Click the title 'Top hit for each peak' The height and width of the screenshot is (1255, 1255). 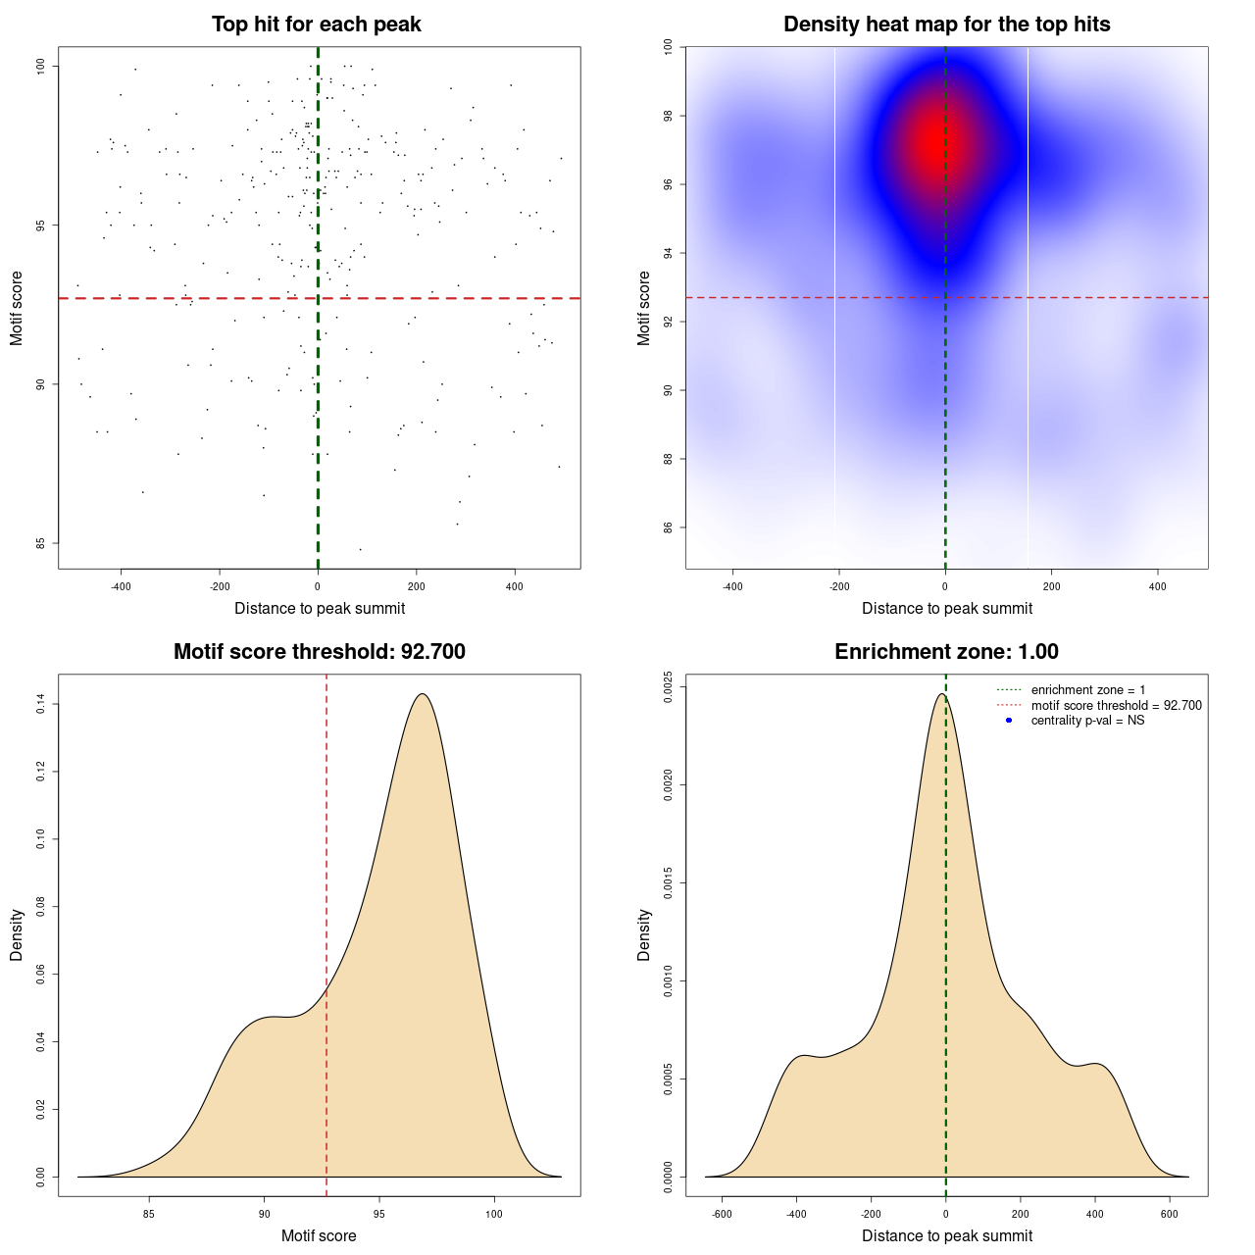click(317, 25)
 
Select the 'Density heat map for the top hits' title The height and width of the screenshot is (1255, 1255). click(946, 25)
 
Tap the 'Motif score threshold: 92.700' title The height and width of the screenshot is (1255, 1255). click(319, 652)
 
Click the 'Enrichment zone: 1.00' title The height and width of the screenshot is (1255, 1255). click(946, 652)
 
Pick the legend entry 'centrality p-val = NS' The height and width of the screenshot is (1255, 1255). click(1087, 721)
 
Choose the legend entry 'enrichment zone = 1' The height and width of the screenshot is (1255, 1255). click(1087, 690)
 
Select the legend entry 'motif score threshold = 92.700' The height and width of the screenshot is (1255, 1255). click(1116, 706)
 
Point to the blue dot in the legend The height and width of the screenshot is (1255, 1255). click(1009, 721)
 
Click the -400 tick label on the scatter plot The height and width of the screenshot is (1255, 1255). click(121, 586)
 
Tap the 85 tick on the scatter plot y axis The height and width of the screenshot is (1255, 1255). click(41, 543)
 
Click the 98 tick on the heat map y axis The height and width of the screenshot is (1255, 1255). click(668, 116)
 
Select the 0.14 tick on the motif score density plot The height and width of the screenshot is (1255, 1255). click(40, 704)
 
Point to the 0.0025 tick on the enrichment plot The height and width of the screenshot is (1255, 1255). click(668, 686)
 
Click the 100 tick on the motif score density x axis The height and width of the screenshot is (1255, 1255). click(493, 1214)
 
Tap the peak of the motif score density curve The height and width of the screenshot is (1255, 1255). click(423, 694)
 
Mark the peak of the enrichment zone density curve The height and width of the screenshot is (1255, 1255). click(941, 694)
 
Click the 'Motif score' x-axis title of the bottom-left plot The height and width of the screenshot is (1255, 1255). click(319, 1236)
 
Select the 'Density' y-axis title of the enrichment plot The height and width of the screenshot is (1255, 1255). click(644, 934)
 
